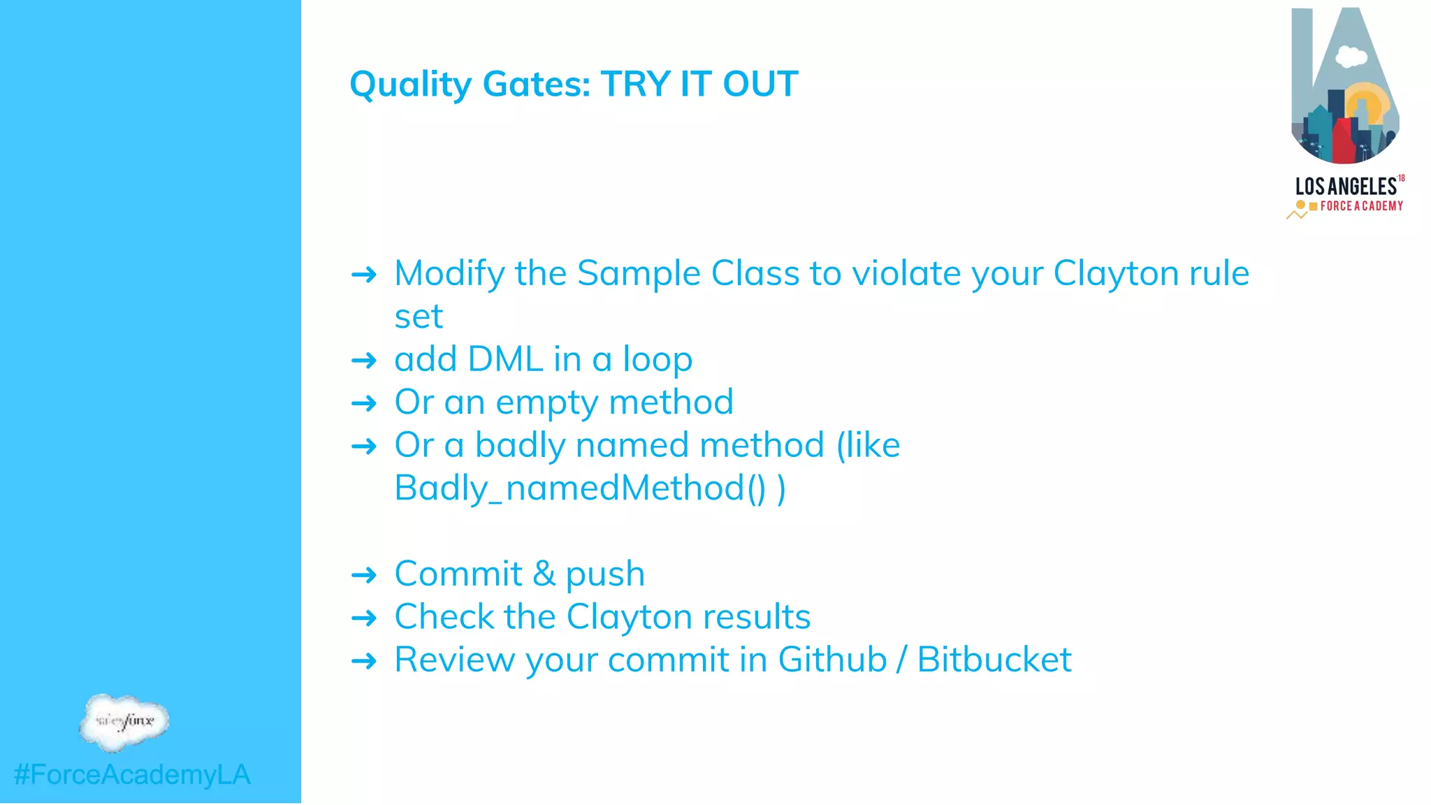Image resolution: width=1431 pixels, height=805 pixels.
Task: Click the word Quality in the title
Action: point(410,85)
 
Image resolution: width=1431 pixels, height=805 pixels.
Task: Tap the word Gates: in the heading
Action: point(537,85)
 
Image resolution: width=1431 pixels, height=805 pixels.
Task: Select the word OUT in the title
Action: point(760,85)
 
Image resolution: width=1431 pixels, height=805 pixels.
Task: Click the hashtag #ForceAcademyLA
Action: point(132,774)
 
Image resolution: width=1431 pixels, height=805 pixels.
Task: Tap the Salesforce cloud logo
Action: point(124,721)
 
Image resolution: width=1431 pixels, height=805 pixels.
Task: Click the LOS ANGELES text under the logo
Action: point(1346,187)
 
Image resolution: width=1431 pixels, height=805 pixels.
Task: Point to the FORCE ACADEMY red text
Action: point(1361,206)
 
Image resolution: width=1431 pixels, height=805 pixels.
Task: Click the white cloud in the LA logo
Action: point(1351,56)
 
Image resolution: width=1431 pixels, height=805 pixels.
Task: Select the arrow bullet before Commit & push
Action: point(364,576)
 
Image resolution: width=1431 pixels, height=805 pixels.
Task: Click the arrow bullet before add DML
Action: point(364,361)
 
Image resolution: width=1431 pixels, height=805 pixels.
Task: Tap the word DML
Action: point(505,359)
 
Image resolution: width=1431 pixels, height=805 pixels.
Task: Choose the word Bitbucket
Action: point(994,660)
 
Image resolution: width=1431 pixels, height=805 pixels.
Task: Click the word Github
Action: point(832,660)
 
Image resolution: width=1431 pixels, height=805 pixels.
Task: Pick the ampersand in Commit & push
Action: point(544,574)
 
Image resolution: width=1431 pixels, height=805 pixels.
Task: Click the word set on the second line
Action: point(419,317)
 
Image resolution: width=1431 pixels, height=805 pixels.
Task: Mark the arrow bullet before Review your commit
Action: point(364,661)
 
